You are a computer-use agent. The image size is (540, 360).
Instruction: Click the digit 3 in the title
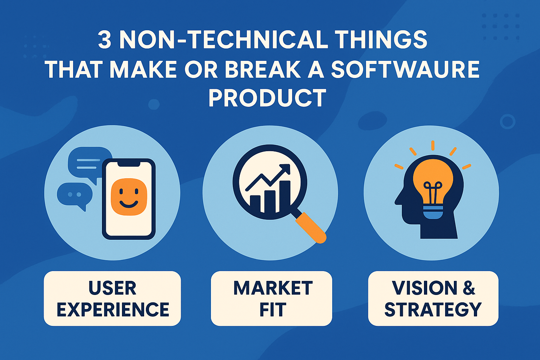(x=104, y=40)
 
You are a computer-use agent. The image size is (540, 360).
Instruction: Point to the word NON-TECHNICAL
(x=224, y=40)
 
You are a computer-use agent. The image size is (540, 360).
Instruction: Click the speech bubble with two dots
(x=74, y=194)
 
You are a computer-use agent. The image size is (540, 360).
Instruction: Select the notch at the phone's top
(x=129, y=164)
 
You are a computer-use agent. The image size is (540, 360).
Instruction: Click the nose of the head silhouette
(x=397, y=201)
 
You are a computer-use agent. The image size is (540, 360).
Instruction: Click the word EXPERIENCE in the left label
(x=112, y=309)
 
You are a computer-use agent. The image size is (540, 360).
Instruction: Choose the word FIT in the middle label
(x=272, y=309)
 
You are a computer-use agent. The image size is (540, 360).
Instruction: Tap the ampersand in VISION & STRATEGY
(x=469, y=288)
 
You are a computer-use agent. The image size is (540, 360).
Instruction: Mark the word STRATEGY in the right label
(x=433, y=309)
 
